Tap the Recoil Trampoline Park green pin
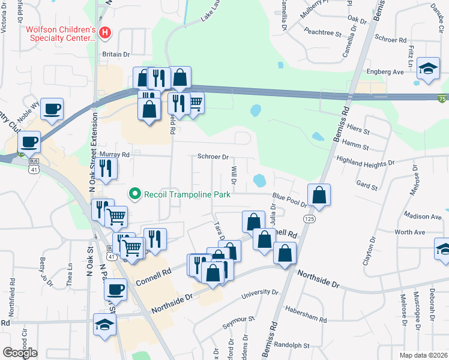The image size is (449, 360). [x=134, y=194]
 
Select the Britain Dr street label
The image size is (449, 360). [x=116, y=54]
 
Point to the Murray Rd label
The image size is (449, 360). [x=114, y=154]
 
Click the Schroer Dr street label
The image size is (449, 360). [x=213, y=157]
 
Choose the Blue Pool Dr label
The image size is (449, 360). [x=289, y=196]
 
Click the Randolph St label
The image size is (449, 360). [x=291, y=346]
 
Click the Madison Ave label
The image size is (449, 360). [x=423, y=216]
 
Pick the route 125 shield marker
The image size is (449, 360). [x=309, y=219]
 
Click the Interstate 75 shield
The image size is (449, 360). [x=442, y=98]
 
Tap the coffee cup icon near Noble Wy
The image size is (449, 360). [x=52, y=109]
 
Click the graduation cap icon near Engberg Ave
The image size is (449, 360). [x=429, y=68]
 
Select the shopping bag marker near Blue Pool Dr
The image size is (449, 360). [x=319, y=194]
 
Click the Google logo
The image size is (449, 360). [x=20, y=353]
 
